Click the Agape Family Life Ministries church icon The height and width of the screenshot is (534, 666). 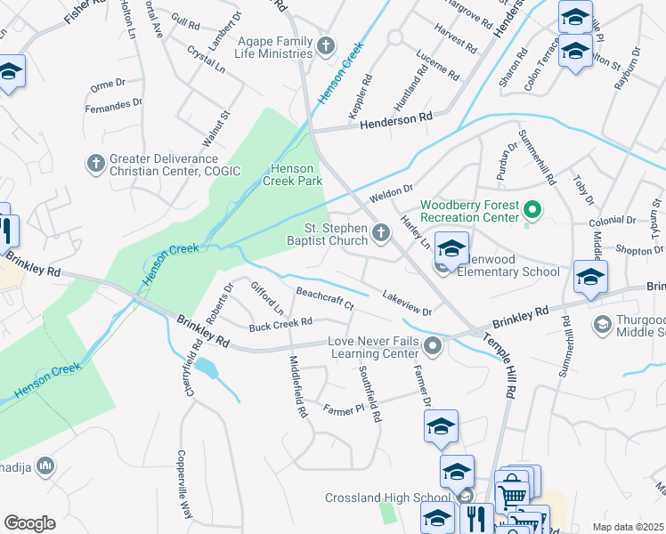point(327,44)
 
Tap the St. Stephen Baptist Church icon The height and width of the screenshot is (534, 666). point(382,233)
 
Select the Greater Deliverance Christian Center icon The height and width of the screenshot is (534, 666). point(95,163)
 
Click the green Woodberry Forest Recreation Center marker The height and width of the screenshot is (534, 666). point(532,211)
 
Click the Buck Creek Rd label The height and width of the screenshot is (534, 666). point(280,324)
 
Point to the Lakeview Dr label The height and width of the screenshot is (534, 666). point(406,304)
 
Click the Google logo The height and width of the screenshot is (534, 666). point(29,523)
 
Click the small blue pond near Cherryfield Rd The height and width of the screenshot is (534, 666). point(207,367)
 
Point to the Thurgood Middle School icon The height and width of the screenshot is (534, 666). point(603,326)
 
